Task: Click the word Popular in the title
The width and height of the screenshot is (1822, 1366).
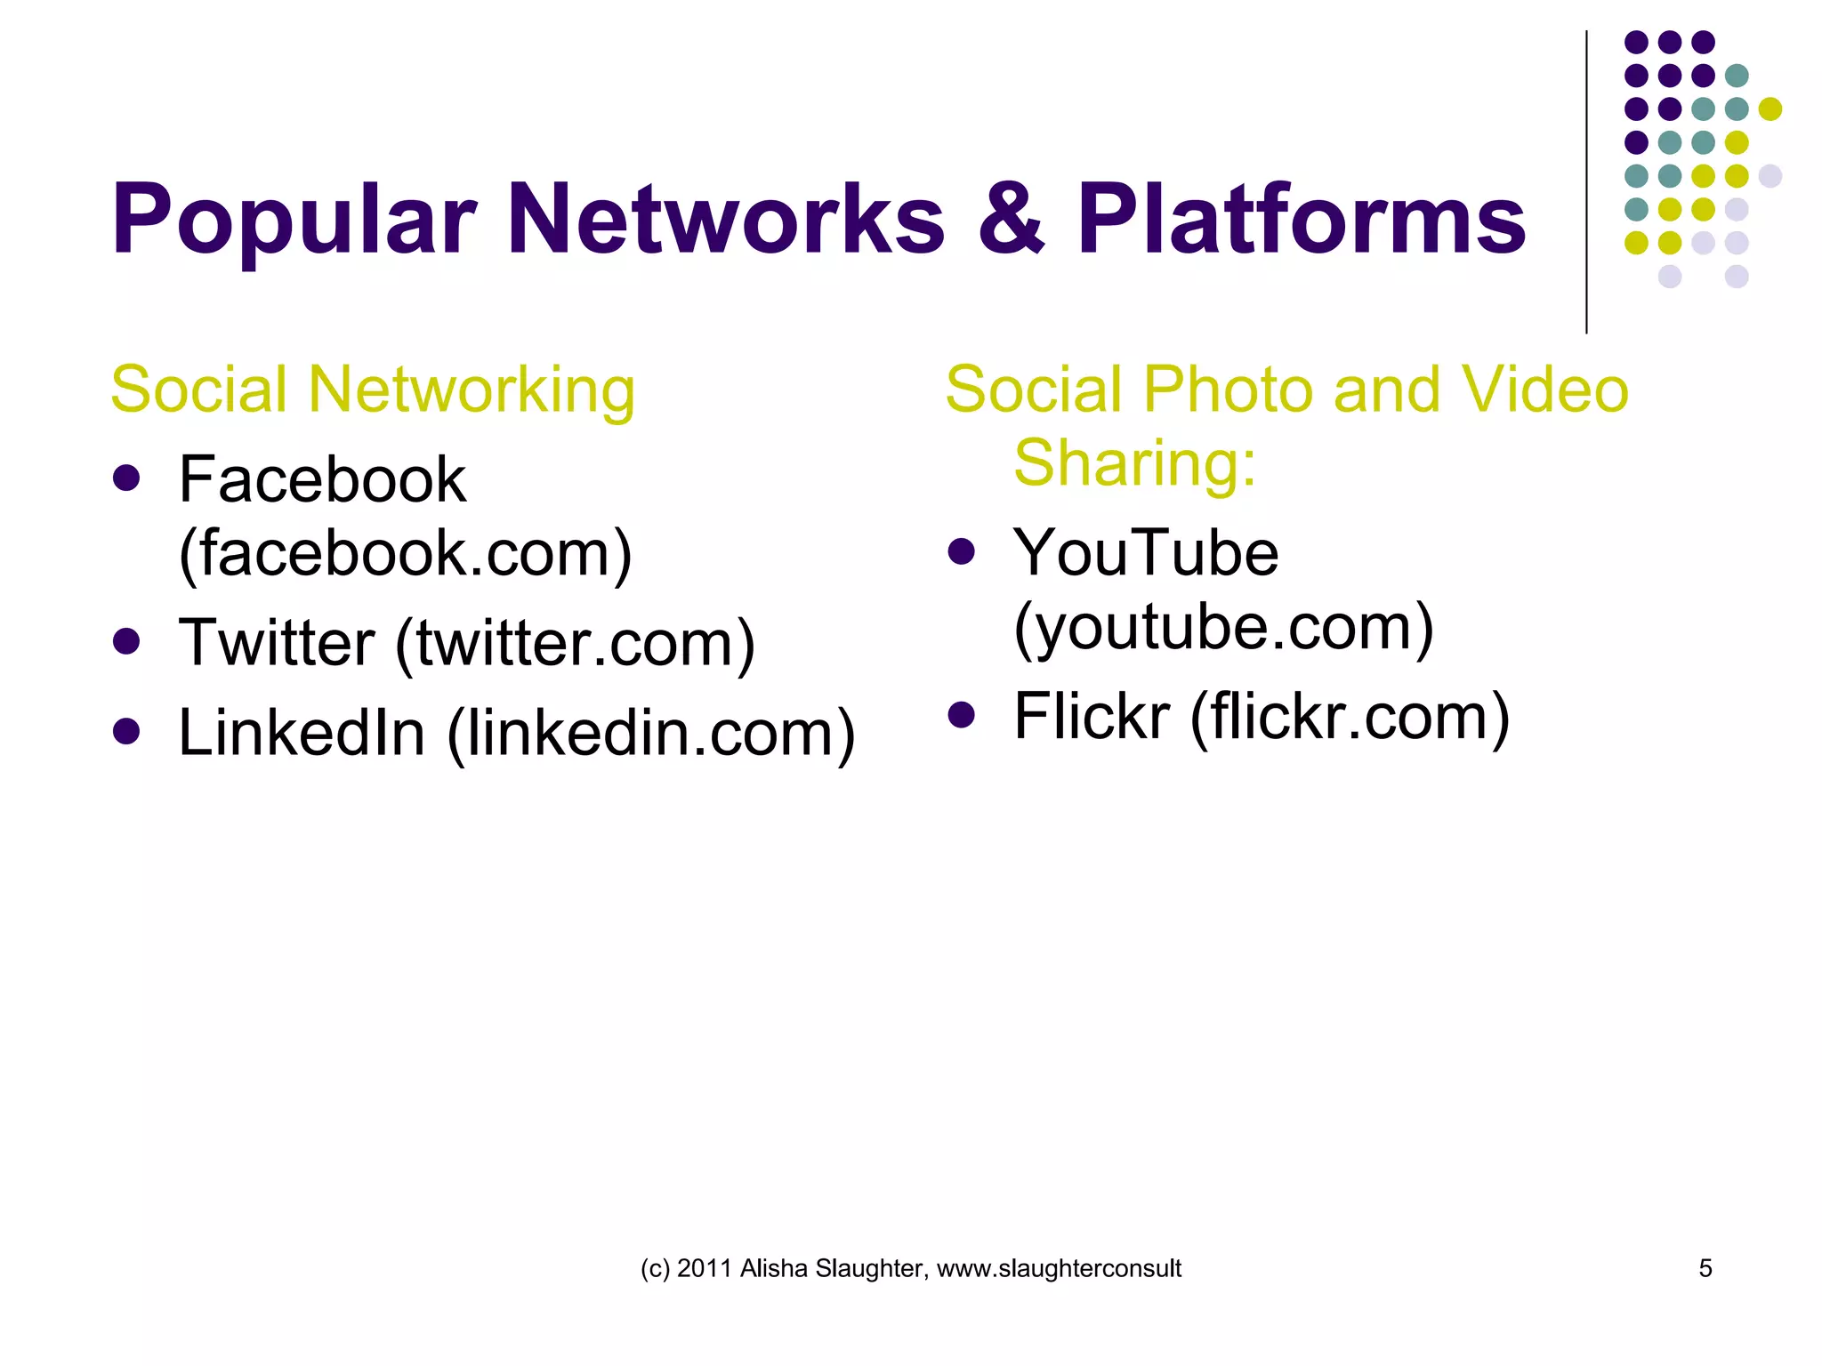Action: [x=294, y=220]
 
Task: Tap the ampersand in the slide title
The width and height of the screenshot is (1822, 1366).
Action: [x=1011, y=218]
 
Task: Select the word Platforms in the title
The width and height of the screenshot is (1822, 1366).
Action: [x=1302, y=218]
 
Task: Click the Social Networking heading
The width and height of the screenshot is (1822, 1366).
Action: [x=373, y=390]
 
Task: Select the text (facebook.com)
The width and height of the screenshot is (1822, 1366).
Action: [x=406, y=554]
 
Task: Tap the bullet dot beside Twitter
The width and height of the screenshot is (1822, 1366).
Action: [x=127, y=641]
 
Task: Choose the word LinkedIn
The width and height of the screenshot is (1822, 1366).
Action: [x=302, y=733]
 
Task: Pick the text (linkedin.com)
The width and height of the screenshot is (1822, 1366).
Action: [x=651, y=734]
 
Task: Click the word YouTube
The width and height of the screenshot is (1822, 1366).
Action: [x=1146, y=553]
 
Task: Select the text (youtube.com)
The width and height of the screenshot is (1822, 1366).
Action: [x=1223, y=628]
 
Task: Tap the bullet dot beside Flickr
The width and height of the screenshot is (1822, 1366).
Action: [x=962, y=714]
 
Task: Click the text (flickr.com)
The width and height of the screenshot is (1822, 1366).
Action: [x=1350, y=717]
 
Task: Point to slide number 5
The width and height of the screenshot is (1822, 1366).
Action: [x=1705, y=1268]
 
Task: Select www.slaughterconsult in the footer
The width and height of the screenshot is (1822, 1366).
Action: [x=1059, y=1269]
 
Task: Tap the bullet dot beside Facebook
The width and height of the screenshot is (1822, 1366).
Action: [x=127, y=478]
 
